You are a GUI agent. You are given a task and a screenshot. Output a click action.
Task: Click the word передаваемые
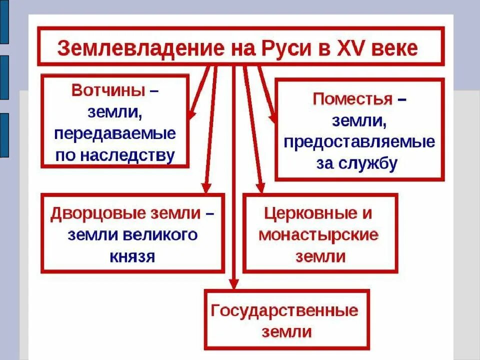(115, 134)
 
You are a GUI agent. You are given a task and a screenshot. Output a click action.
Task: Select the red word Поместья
(352, 98)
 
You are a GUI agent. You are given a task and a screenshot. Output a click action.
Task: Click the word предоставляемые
(359, 142)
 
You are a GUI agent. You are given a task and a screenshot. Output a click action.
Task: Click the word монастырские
(318, 234)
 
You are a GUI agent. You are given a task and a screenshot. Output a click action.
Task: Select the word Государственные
(284, 310)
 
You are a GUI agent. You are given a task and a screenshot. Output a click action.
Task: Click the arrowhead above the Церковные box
(260, 187)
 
